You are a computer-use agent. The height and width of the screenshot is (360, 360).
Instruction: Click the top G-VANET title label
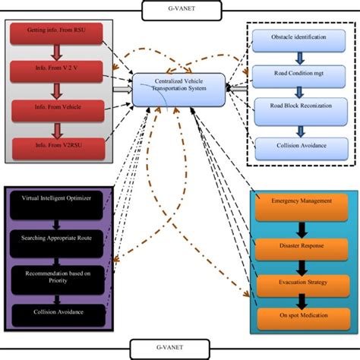pyautogui.click(x=178, y=10)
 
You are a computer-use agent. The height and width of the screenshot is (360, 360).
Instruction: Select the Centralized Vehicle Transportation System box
pyautogui.click(x=179, y=90)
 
